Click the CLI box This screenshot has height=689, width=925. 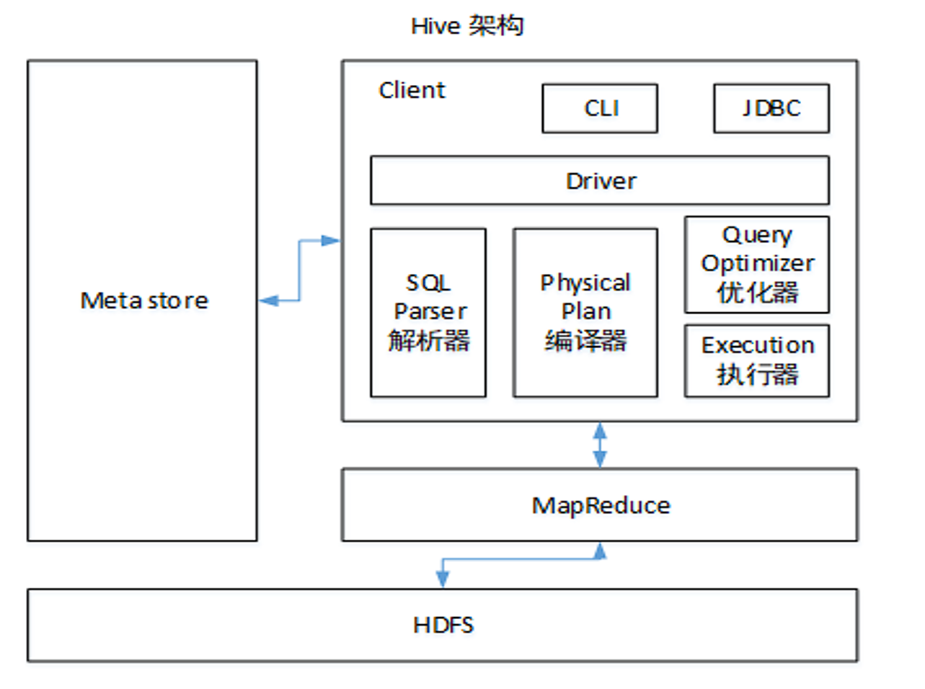[x=600, y=108]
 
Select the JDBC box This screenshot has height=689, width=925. [x=771, y=108]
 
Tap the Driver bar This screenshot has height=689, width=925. [x=600, y=180]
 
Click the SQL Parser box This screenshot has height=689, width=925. [x=428, y=312]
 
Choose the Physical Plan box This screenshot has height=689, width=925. [x=585, y=312]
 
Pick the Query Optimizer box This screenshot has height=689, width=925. [x=757, y=264]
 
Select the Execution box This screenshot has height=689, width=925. [x=757, y=360]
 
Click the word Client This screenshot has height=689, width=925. [x=412, y=90]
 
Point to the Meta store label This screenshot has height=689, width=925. [x=144, y=301]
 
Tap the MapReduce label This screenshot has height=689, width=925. [x=601, y=505]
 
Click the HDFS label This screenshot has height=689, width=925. [x=443, y=625]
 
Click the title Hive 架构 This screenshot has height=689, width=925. [x=467, y=26]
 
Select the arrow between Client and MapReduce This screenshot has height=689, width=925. [x=600, y=445]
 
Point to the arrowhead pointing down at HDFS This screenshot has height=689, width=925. [x=443, y=578]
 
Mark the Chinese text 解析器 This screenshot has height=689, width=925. [x=429, y=340]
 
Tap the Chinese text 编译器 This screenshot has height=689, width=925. [x=585, y=340]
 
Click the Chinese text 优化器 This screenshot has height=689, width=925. [x=758, y=293]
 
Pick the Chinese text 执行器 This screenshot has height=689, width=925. [x=758, y=374]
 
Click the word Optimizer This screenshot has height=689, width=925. [x=758, y=263]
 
